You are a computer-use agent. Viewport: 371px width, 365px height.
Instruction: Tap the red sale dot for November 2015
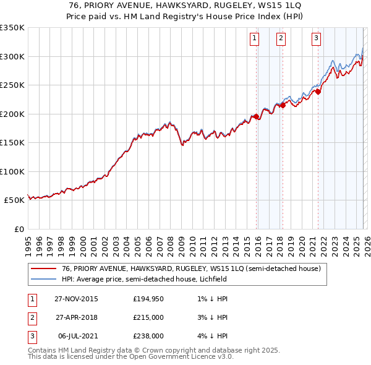coord(255,116)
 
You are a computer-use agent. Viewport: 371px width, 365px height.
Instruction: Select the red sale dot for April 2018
coord(282,105)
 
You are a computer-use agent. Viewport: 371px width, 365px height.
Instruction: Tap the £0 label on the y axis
coord(19,230)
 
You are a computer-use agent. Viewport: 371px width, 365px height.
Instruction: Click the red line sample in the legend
coord(43,269)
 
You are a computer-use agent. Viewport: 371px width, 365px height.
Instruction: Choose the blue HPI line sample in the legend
coord(43,279)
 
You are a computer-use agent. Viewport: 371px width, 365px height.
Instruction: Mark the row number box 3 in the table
coord(31,336)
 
